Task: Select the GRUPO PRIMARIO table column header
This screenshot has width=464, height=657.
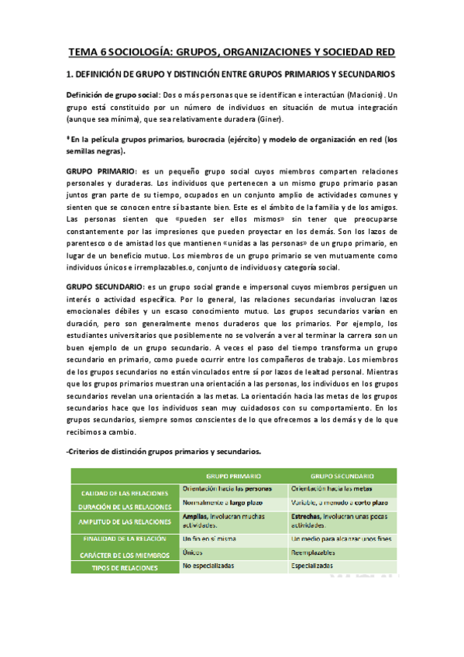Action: pos(232,476)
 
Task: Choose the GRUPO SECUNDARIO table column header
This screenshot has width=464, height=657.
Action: pos(342,476)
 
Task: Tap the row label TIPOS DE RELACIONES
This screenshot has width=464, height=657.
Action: pos(125,568)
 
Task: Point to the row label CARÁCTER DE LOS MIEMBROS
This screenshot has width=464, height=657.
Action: pos(125,555)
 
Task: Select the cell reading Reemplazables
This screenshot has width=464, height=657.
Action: pos(314,552)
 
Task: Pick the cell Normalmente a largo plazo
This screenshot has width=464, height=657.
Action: pos(218,504)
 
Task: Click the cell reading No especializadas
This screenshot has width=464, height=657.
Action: pos(210,566)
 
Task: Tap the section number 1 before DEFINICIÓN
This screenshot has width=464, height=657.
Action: pos(69,74)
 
